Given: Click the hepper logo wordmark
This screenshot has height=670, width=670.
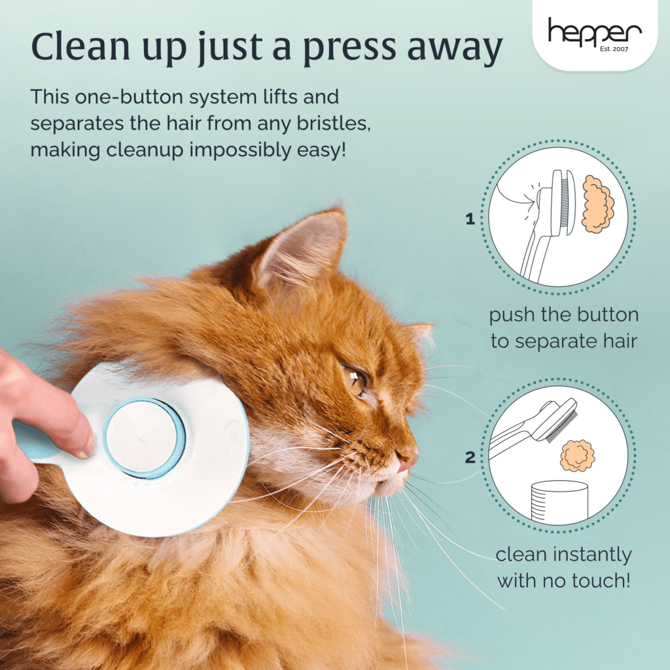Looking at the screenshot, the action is pyautogui.click(x=594, y=31).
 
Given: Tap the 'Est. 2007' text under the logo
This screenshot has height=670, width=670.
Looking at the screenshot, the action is pyautogui.click(x=614, y=48).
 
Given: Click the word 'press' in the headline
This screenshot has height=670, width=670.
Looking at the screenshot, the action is pyautogui.click(x=349, y=47).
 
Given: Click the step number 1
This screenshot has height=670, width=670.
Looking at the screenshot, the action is pyautogui.click(x=470, y=219).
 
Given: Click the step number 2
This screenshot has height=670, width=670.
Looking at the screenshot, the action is pyautogui.click(x=470, y=457).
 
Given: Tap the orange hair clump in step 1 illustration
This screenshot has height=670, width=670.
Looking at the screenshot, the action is pyautogui.click(x=598, y=204).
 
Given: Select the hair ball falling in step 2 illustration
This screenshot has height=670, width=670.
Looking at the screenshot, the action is pyautogui.click(x=577, y=455).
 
